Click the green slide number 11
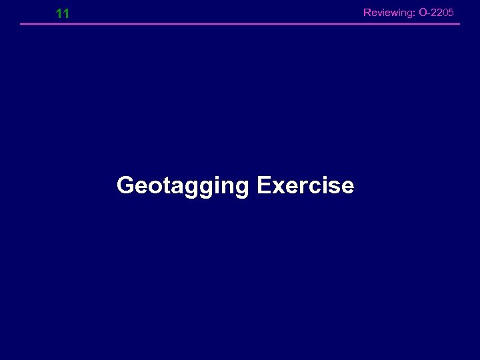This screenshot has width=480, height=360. pyautogui.click(x=63, y=13)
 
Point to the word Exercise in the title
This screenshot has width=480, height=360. pyautogui.click(x=305, y=185)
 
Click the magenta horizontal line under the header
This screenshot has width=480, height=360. pyautogui.click(x=240, y=24)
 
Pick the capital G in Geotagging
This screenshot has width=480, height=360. pyautogui.click(x=125, y=185)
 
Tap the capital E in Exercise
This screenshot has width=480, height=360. pyautogui.click(x=261, y=185)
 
